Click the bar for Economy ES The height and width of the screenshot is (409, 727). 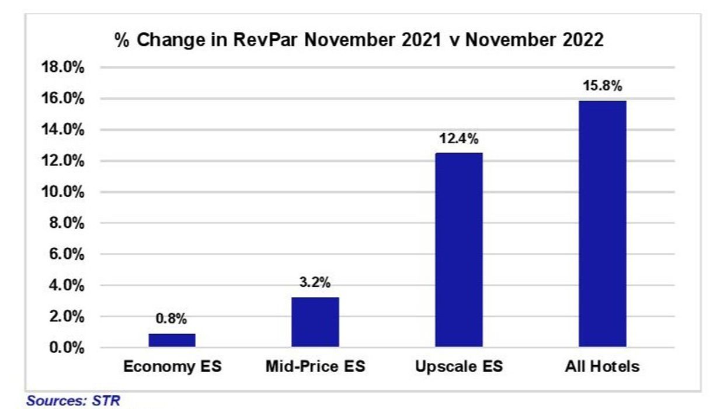tap(172, 340)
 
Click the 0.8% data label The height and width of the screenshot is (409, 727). tap(172, 319)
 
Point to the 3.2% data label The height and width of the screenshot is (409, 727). tap(315, 283)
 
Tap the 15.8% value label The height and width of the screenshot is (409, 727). tap(602, 86)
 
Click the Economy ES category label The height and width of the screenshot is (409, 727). tap(172, 367)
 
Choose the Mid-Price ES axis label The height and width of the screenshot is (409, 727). tap(315, 367)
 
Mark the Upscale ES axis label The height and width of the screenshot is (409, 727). tap(459, 367)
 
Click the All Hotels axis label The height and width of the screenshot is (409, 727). tap(602, 367)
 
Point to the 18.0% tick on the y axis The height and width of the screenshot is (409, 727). tap(62, 68)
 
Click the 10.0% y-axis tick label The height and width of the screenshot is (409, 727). tap(62, 192)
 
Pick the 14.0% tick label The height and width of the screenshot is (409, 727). tap(62, 130)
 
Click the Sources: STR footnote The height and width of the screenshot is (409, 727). tap(73, 401)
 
